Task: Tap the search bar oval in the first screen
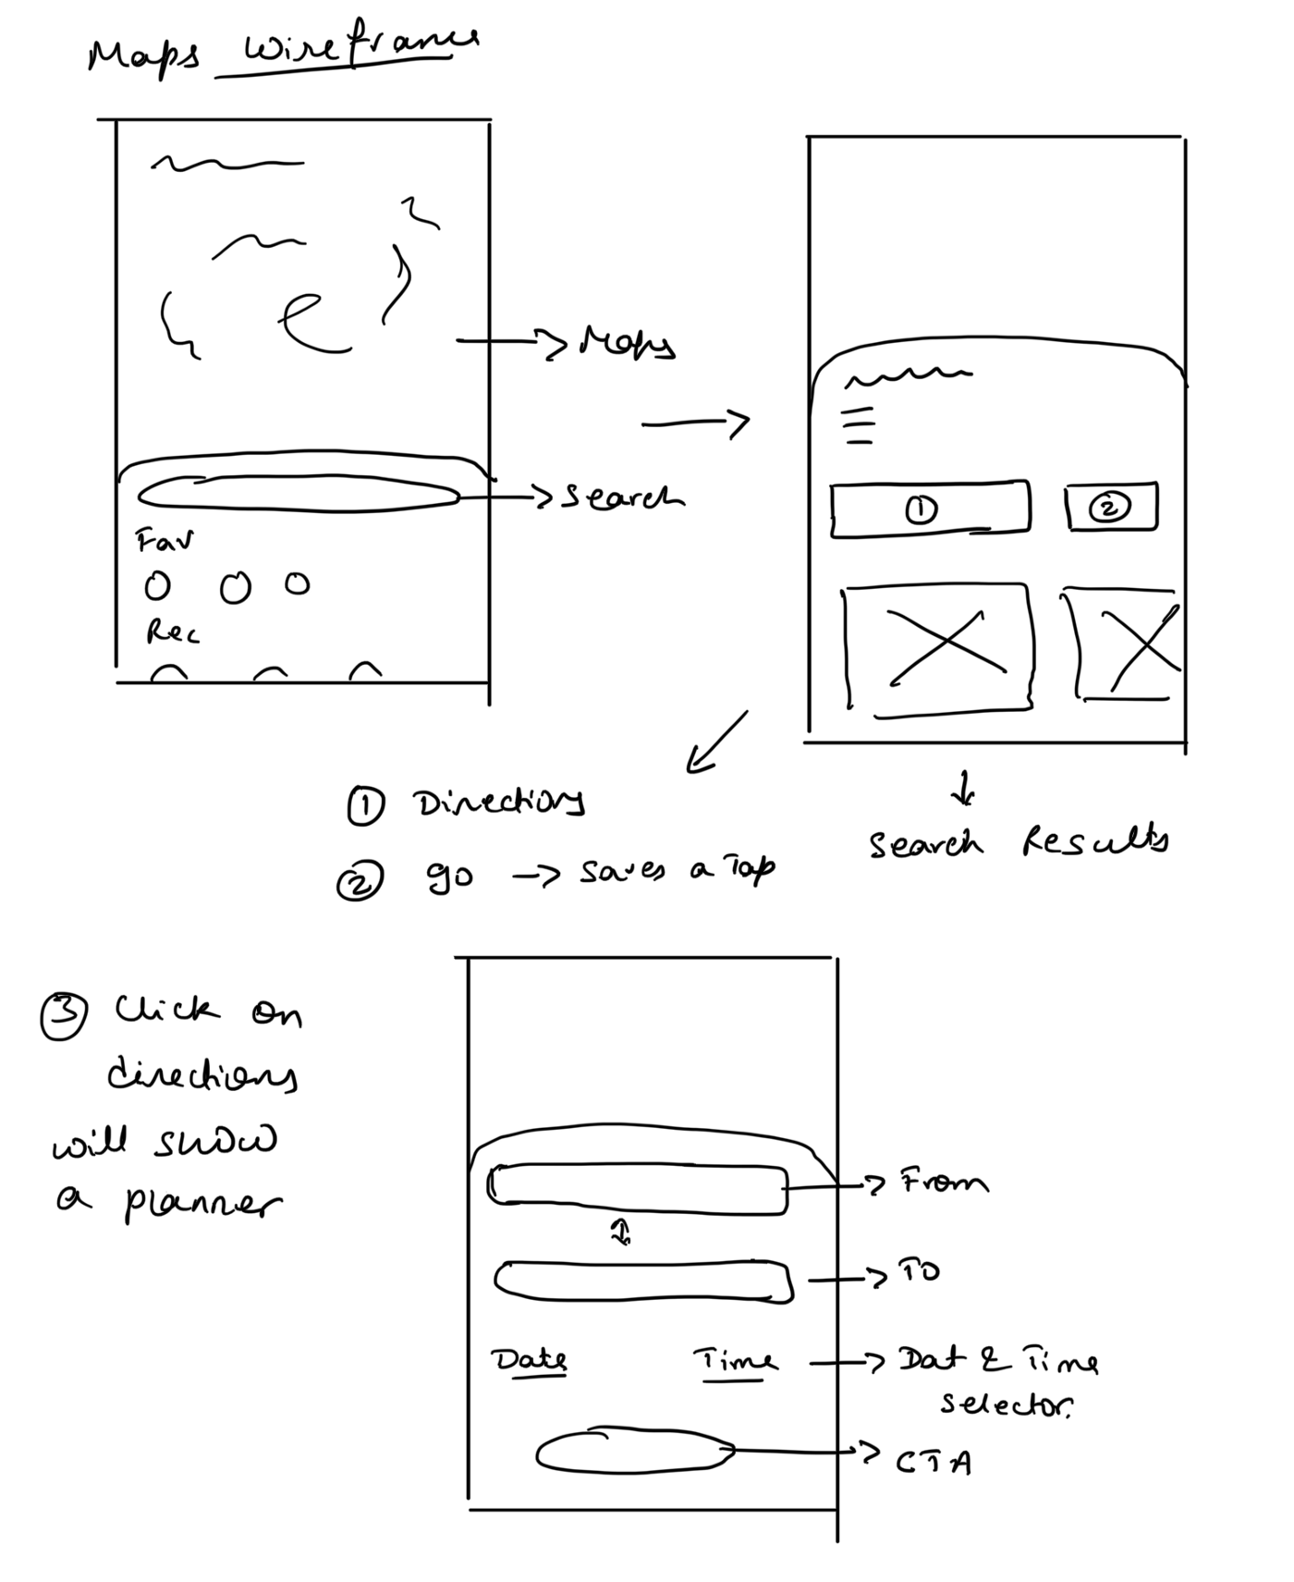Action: [299, 494]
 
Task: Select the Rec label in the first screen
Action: [172, 632]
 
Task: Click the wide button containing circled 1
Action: [929, 508]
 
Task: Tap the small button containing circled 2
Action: [1111, 507]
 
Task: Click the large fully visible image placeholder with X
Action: [937, 648]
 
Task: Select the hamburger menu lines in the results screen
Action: [860, 426]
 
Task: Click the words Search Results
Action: [1018, 842]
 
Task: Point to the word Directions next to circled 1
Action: [499, 803]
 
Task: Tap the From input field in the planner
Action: [638, 1188]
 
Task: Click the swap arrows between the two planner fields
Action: [621, 1231]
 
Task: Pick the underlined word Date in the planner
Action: [530, 1360]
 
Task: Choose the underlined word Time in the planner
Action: [736, 1361]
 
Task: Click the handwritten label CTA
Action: [934, 1463]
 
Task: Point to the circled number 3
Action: [64, 1015]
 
